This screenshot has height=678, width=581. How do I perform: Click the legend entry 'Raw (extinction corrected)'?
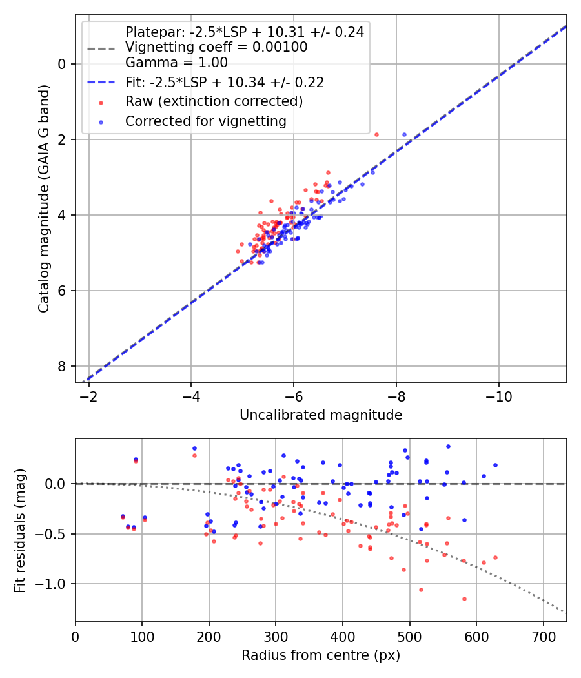(214, 101)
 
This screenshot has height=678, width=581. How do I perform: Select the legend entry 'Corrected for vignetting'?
(206, 121)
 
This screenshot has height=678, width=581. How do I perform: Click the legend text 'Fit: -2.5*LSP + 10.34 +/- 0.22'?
(224, 82)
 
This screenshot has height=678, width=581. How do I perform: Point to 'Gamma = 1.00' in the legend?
(176, 63)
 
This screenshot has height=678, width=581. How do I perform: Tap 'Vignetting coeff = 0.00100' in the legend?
(216, 47)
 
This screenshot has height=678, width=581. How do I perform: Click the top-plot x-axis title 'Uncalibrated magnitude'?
(321, 415)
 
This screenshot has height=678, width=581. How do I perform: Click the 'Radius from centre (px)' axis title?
(321, 655)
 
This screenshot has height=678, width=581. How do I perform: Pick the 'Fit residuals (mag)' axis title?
(20, 530)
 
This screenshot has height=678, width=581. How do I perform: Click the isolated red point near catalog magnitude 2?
(376, 134)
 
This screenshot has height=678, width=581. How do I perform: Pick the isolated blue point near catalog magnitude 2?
(405, 134)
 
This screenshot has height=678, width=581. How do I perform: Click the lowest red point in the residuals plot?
(464, 599)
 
